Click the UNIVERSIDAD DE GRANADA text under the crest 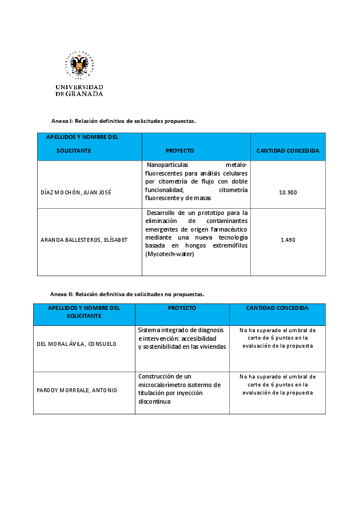[x=79, y=90]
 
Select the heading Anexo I [x=123, y=121]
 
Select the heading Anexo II [x=127, y=294]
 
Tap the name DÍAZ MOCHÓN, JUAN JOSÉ [x=76, y=192]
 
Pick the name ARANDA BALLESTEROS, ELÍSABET [x=84, y=240]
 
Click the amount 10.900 [x=288, y=192]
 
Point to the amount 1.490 [x=288, y=240]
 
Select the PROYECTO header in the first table [x=179, y=151]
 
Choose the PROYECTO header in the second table [x=182, y=308]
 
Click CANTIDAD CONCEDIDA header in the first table [x=288, y=151]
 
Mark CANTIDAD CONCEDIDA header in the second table [x=277, y=308]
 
